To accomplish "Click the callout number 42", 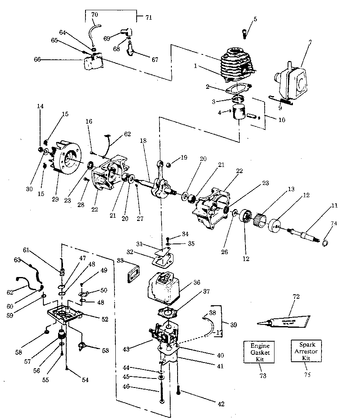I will click(221, 404).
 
